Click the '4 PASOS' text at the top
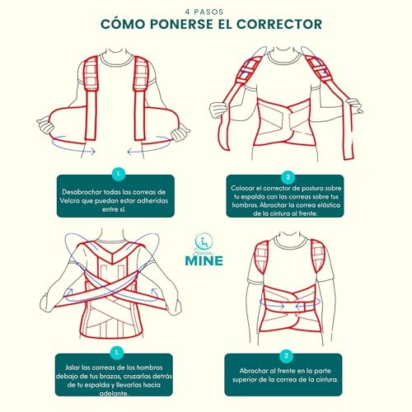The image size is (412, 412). (205, 10)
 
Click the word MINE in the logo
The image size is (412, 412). (205, 255)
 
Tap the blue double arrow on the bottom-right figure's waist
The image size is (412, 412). (288, 301)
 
